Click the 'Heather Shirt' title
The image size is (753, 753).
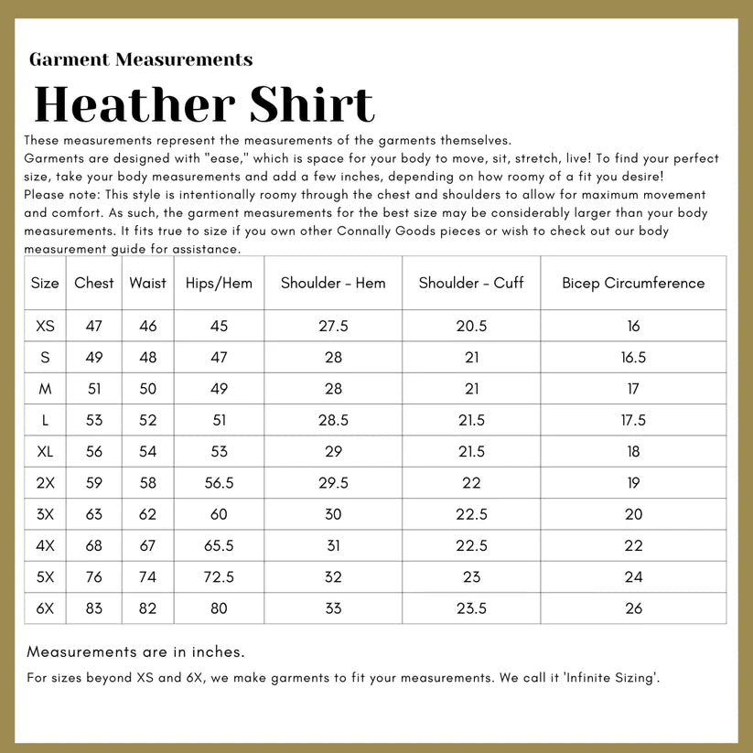tap(204, 104)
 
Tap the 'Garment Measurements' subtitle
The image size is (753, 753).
tap(141, 60)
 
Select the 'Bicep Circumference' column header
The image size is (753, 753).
tap(633, 283)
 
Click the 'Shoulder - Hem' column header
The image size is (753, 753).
tap(333, 283)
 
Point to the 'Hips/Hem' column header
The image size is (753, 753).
tap(219, 283)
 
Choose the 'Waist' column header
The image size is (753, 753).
tap(147, 283)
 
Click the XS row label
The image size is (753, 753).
tap(45, 327)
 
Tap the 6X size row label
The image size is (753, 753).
tap(45, 608)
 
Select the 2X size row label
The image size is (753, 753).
tap(45, 483)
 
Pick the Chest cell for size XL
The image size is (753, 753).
tap(94, 452)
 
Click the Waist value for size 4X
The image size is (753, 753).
tap(147, 546)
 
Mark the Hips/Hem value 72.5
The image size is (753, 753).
tap(219, 577)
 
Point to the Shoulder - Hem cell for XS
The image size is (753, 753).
tap(333, 327)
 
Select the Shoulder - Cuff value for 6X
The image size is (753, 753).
tap(471, 608)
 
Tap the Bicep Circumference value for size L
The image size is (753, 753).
tap(633, 421)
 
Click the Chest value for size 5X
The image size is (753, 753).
tap(94, 577)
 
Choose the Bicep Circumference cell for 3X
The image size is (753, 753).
tap(633, 515)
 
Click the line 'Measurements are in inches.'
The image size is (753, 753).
tap(135, 652)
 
